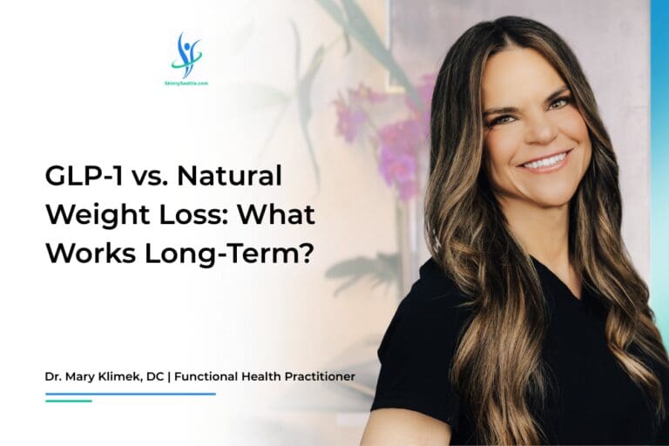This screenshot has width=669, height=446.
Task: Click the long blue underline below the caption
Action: tap(130, 394)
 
